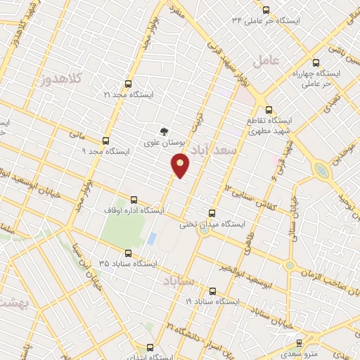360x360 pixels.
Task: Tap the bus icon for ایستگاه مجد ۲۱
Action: pyautogui.click(x=127, y=83)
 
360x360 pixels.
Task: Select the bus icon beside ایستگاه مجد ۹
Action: pyautogui.click(x=105, y=140)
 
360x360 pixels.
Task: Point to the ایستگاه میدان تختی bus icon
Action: pyautogui.click(x=212, y=213)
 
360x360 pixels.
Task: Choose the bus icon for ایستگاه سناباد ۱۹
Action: pyautogui.click(x=212, y=290)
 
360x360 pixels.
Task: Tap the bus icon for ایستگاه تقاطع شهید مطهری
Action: pyautogui.click(x=269, y=109)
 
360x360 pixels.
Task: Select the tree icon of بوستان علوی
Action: pyautogui.click(x=164, y=131)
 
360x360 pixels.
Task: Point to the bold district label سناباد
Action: pyautogui.click(x=179, y=281)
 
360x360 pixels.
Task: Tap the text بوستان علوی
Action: pyautogui.click(x=164, y=143)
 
